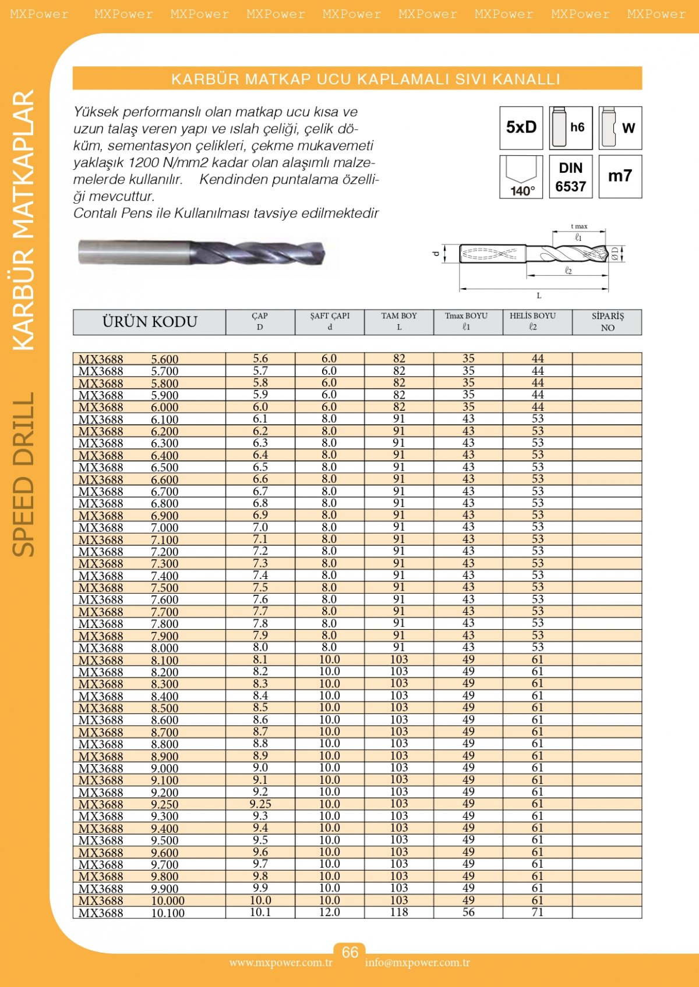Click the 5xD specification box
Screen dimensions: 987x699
(521, 127)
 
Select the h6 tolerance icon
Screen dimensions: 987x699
(571, 127)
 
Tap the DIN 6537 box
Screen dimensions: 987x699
(571, 177)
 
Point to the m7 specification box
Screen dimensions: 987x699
(620, 176)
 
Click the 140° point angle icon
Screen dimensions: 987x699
(521, 177)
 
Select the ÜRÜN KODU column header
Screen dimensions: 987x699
(150, 322)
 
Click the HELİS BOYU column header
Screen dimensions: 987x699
(532, 321)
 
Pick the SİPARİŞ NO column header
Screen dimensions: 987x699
(608, 322)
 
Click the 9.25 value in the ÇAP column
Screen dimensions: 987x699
(260, 804)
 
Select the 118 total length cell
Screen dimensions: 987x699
(399, 913)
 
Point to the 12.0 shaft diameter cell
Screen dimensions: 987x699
(330, 913)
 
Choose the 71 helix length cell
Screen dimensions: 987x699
(538, 913)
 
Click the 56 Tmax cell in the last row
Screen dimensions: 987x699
(468, 913)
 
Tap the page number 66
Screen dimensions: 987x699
(350, 952)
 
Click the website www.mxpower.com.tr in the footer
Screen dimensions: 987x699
(281, 963)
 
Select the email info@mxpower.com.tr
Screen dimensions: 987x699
(418, 963)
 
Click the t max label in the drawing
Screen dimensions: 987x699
(579, 226)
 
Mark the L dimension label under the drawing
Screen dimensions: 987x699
(539, 296)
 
